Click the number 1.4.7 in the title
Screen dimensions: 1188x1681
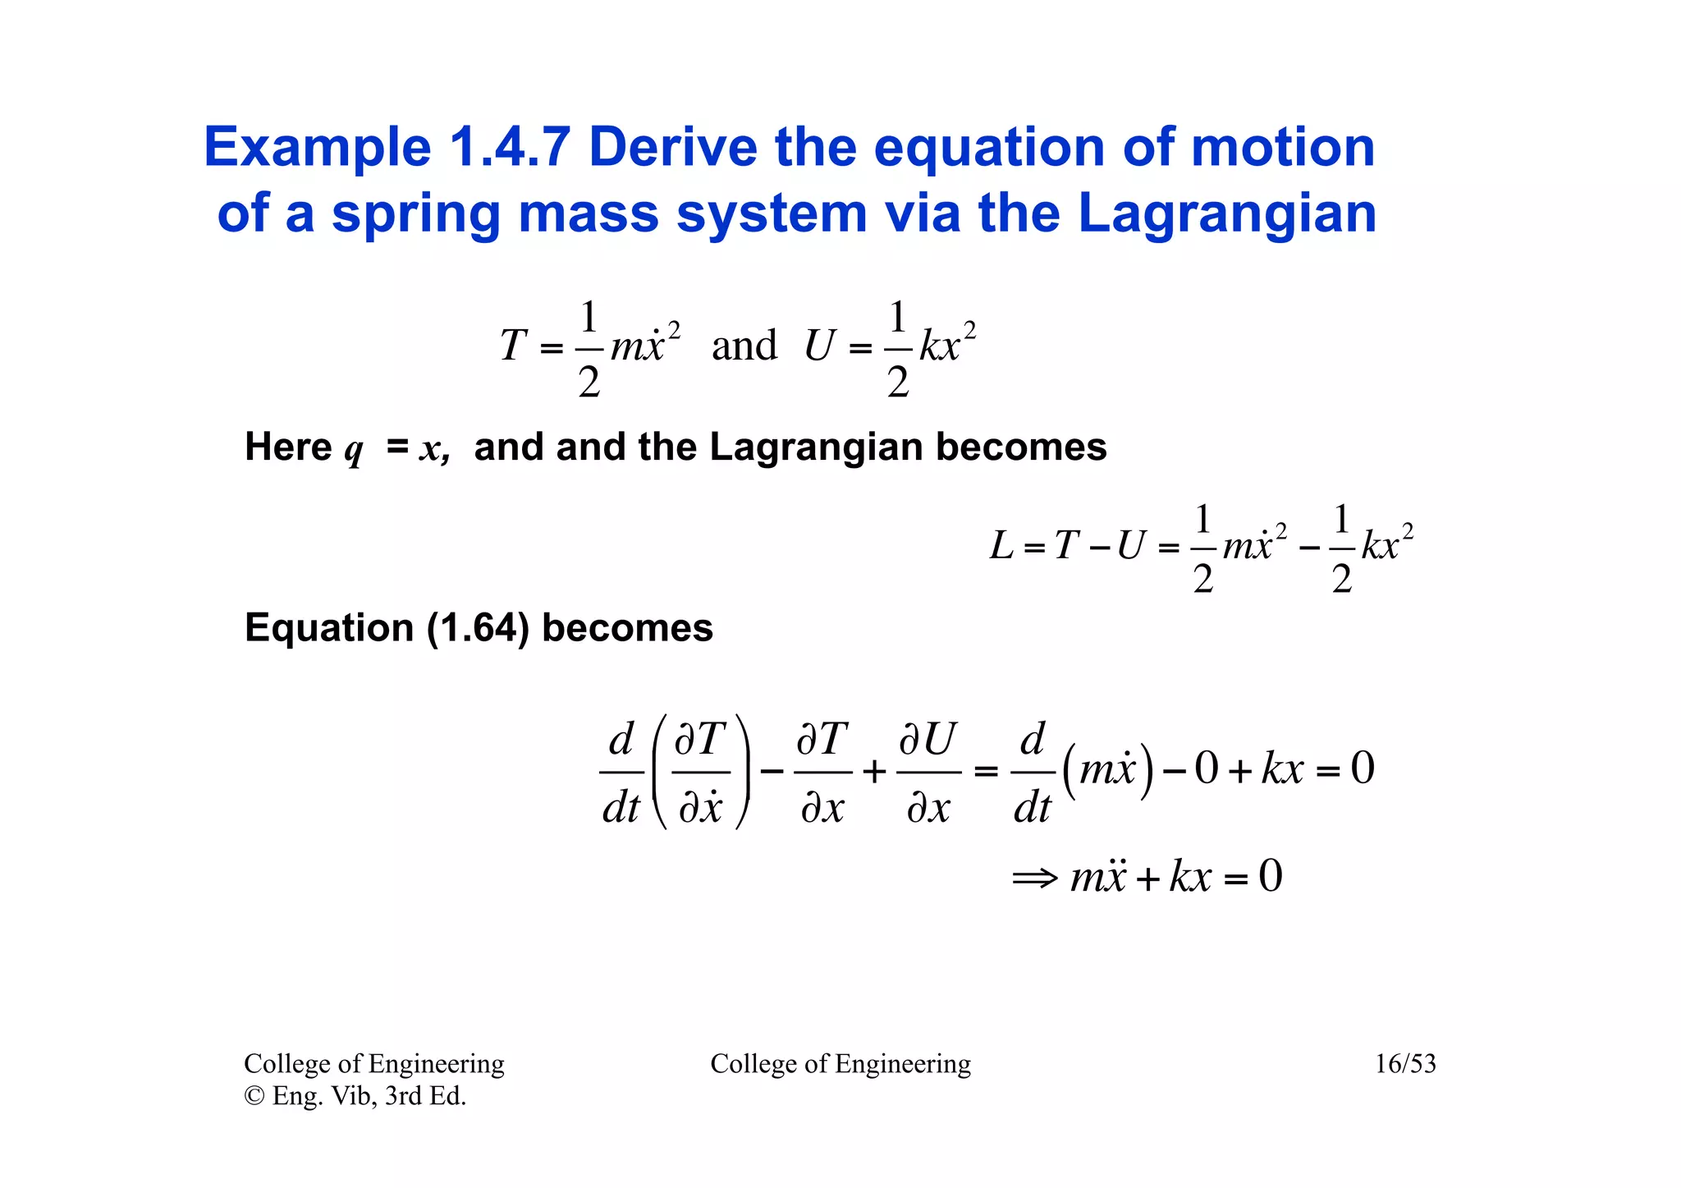[x=510, y=148]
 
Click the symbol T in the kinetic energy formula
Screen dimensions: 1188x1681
[x=513, y=345]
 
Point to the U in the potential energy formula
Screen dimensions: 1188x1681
[x=818, y=345]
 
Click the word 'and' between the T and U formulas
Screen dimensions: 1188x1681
[x=744, y=345]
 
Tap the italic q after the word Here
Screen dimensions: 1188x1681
[x=353, y=450]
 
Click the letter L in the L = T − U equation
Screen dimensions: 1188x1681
[x=1001, y=545]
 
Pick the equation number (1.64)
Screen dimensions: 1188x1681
[x=478, y=628]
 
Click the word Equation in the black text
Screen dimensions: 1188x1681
[x=328, y=628]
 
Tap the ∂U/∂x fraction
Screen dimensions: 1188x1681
[x=928, y=773]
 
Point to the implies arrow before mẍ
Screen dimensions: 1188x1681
[x=1034, y=878]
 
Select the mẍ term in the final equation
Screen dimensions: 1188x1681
[x=1097, y=876]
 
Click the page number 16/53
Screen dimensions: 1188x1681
[x=1405, y=1064]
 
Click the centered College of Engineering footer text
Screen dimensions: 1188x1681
[x=840, y=1064]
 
